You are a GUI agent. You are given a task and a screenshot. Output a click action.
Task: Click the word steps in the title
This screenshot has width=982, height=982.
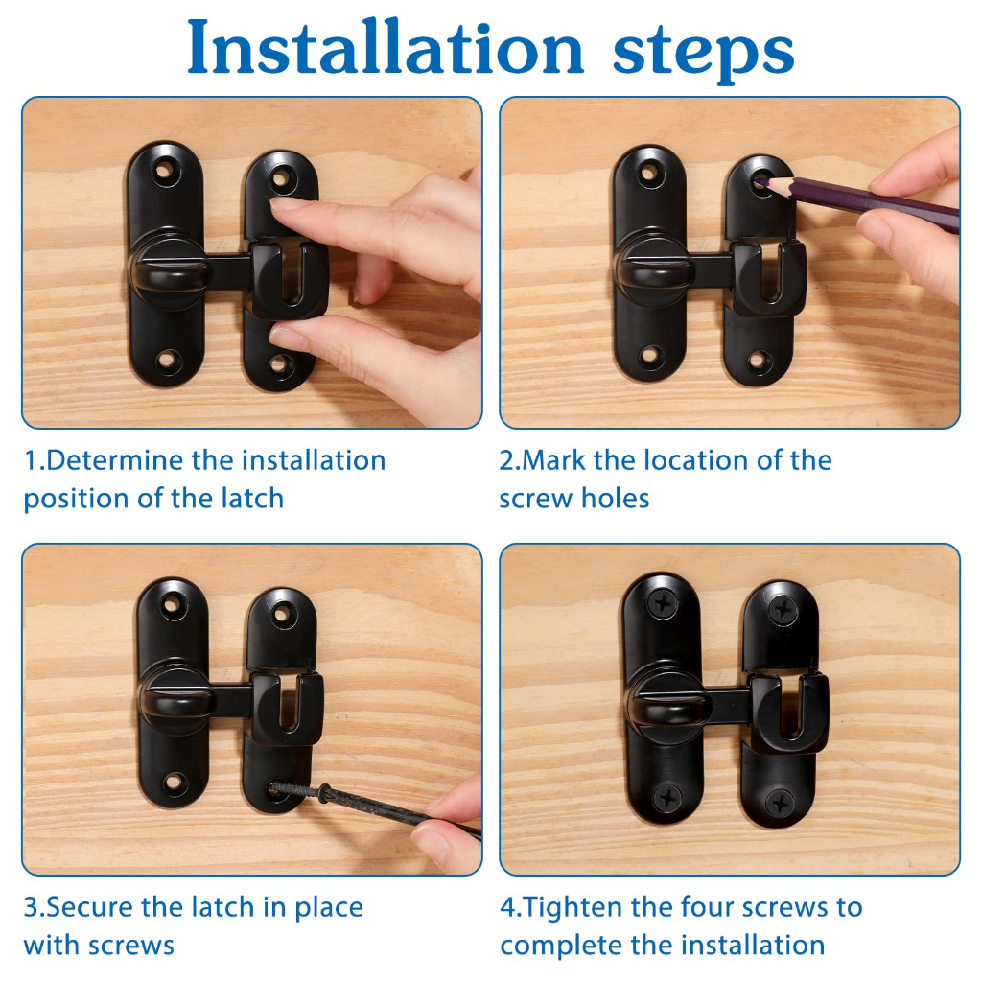(x=703, y=55)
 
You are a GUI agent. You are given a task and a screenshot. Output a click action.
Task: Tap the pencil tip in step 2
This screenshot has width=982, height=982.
(x=758, y=182)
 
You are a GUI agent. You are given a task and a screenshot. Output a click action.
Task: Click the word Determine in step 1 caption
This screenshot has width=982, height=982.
(x=115, y=460)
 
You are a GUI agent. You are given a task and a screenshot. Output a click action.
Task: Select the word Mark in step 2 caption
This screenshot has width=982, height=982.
(x=553, y=460)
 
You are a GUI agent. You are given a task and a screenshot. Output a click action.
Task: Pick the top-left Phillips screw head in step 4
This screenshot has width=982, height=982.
(x=663, y=603)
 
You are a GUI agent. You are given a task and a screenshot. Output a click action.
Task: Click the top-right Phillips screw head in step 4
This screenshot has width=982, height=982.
(x=783, y=609)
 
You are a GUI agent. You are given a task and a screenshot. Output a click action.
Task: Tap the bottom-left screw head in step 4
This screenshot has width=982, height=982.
(x=667, y=798)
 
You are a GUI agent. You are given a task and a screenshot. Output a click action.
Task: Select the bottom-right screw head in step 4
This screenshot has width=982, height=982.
(x=781, y=803)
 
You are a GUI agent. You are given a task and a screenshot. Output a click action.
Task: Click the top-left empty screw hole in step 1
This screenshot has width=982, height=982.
(x=164, y=170)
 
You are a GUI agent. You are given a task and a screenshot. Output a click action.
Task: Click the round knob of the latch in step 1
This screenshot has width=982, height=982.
(x=169, y=271)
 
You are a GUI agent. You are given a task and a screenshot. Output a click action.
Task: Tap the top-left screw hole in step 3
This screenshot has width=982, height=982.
(x=171, y=604)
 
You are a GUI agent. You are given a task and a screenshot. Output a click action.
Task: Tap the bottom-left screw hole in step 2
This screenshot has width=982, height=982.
(x=651, y=356)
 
